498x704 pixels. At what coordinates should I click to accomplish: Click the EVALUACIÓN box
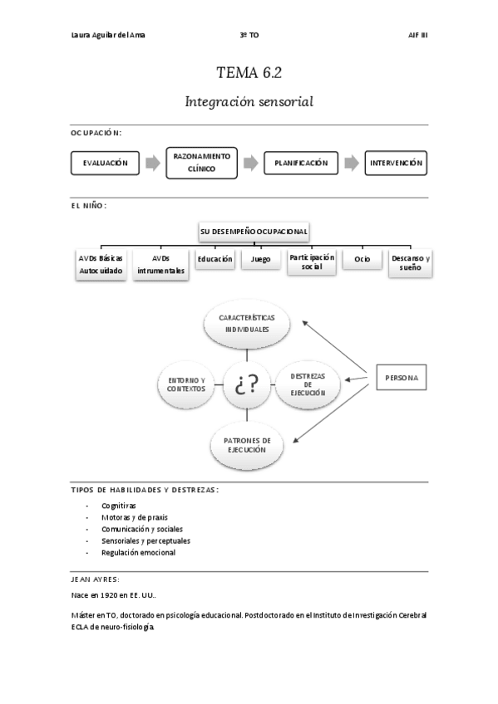[x=106, y=164]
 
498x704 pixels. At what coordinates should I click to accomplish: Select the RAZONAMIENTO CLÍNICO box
[x=202, y=163]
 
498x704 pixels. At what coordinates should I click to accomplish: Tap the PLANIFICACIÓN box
[x=301, y=164]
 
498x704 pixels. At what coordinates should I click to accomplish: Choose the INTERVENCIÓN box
[x=397, y=164]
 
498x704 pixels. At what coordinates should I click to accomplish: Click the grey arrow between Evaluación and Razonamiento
[x=153, y=164]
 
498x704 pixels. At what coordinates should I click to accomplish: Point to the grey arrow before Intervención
[x=352, y=164]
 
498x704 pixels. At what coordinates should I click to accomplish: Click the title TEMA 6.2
[x=249, y=72]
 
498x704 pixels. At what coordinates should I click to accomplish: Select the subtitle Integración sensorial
[x=249, y=102]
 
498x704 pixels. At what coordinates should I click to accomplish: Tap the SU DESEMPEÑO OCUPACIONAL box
[x=254, y=231]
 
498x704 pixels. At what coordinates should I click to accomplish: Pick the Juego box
[x=260, y=260]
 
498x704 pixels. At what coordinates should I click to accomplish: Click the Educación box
[x=215, y=260]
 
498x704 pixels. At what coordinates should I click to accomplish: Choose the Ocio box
[x=362, y=261]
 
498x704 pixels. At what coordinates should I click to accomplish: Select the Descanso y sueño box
[x=410, y=265]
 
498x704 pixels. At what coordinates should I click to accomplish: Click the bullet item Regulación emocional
[x=138, y=553]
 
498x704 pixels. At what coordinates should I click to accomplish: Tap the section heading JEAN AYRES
[x=96, y=579]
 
